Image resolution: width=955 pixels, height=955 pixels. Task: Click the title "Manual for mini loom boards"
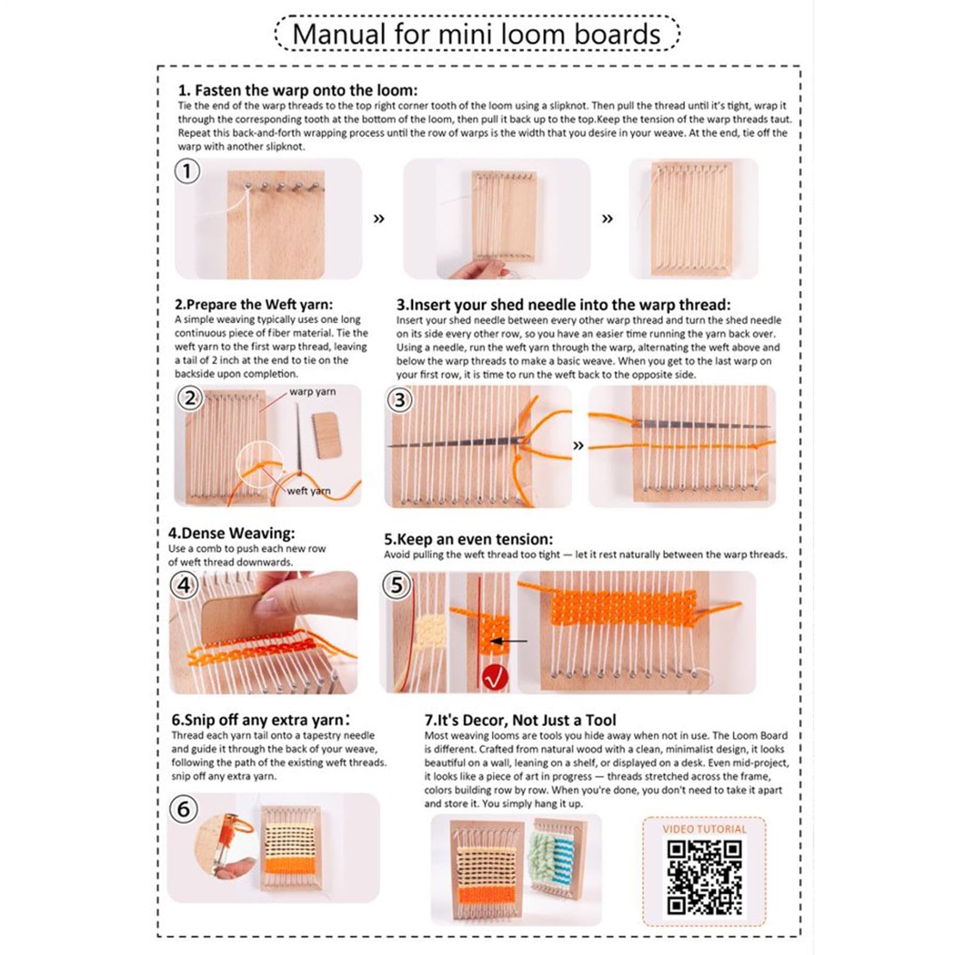pos(477,34)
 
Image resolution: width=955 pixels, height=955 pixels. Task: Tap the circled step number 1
pos(187,172)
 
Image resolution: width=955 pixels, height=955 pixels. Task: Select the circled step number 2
pos(190,398)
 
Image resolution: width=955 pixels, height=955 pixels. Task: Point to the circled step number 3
pos(400,400)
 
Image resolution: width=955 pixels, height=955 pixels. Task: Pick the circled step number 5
pos(397,585)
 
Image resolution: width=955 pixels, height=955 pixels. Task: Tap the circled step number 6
pos(184,809)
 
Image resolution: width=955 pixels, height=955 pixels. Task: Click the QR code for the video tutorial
pos(704,877)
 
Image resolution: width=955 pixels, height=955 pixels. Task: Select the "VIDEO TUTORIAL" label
pos(704,829)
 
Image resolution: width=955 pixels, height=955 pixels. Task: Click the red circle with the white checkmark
pos(495,677)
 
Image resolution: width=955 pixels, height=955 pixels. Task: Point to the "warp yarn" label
pos(313,392)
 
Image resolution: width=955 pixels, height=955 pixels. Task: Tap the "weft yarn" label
pos(308,491)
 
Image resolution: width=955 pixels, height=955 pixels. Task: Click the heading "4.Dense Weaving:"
pos(231,533)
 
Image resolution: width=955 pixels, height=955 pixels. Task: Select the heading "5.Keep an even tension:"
pos(468,539)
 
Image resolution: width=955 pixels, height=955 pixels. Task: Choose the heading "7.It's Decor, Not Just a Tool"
pos(520,720)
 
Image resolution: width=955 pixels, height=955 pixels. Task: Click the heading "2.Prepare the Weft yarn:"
pos(254,305)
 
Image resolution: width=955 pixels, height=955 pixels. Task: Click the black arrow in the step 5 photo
pos(508,641)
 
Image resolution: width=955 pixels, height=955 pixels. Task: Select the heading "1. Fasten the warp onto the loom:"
pos(298,91)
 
